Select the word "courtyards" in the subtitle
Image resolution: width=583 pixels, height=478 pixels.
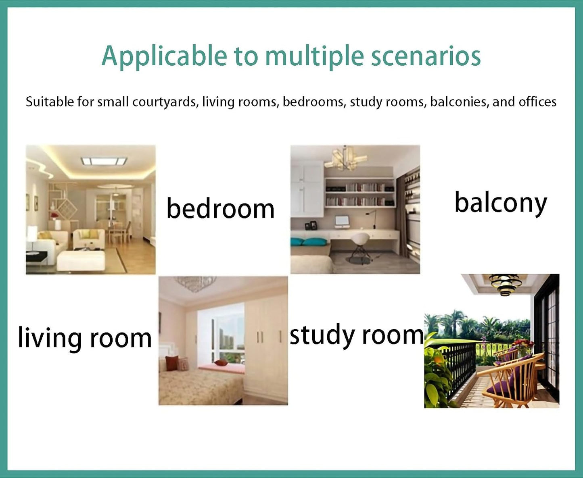pos(165,102)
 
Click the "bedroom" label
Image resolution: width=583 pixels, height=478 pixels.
pos(220,208)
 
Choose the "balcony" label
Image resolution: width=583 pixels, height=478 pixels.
pos(501,204)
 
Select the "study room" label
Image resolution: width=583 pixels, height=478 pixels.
pos(357,335)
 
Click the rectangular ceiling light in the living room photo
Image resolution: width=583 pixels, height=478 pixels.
pos(104,161)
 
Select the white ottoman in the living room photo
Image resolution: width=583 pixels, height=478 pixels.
pos(81,260)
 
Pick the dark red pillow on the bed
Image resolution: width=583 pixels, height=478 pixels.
pos(172,363)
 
